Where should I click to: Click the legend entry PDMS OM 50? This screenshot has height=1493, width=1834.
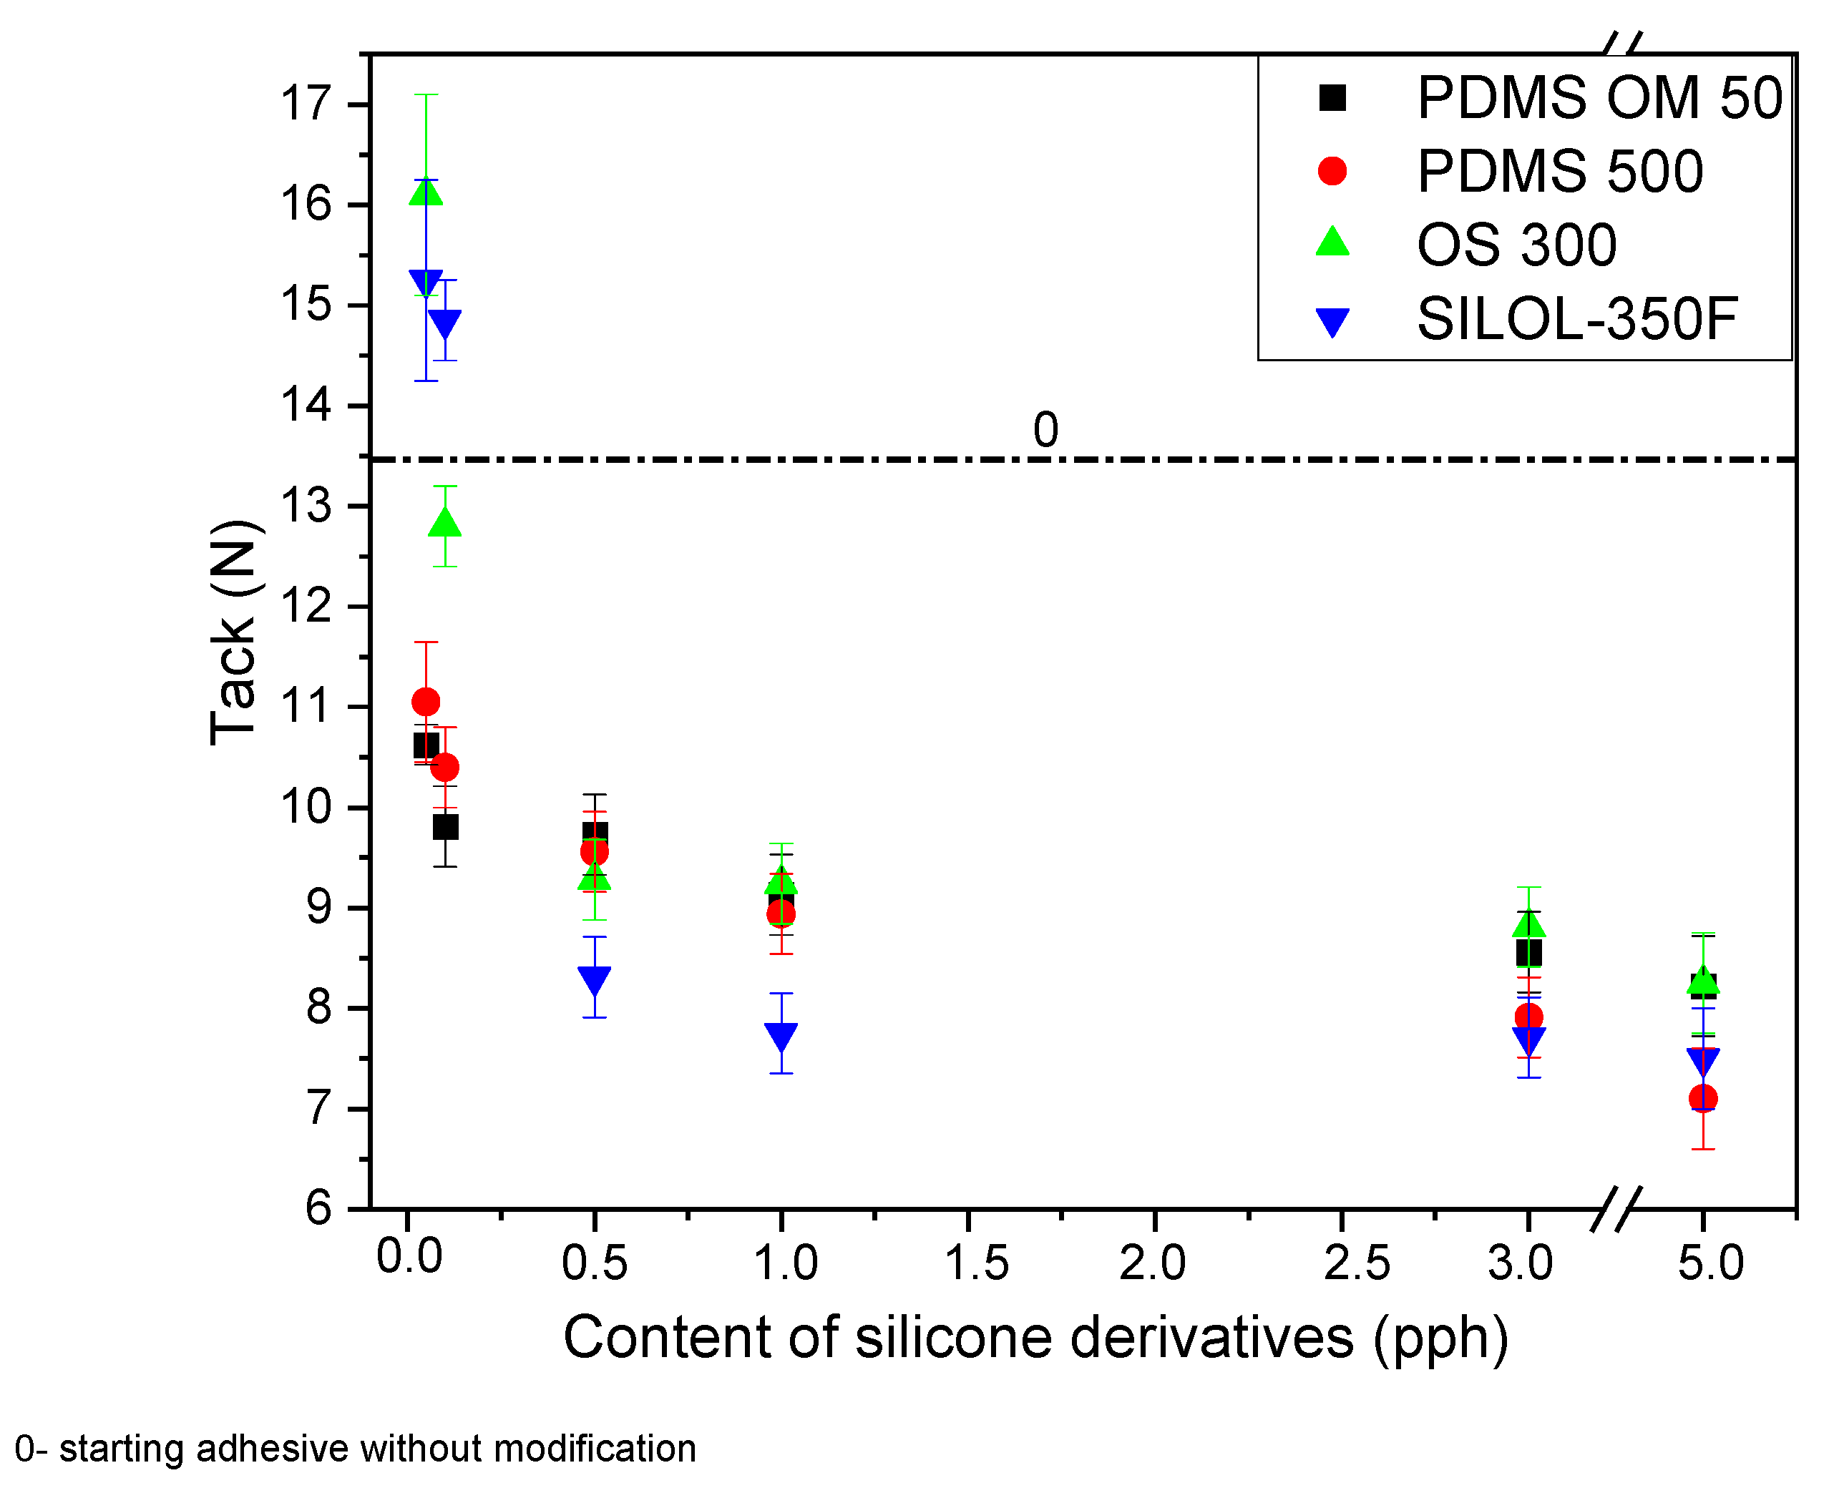point(1599,97)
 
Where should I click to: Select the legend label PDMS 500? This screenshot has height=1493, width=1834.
point(1559,171)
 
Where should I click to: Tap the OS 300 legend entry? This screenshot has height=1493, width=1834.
point(1516,245)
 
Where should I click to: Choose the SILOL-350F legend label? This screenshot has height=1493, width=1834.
point(1576,319)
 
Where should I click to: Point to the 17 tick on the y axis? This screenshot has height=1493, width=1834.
point(306,104)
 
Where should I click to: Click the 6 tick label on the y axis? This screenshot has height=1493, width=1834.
point(318,1208)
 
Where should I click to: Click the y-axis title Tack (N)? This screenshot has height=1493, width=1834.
point(233,632)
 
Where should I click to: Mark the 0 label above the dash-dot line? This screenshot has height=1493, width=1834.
point(1045,429)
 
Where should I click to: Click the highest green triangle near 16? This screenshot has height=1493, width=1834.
point(426,191)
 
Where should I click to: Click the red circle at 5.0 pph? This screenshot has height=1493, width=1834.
point(1703,1098)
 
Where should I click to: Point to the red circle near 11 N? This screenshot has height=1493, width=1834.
point(426,702)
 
